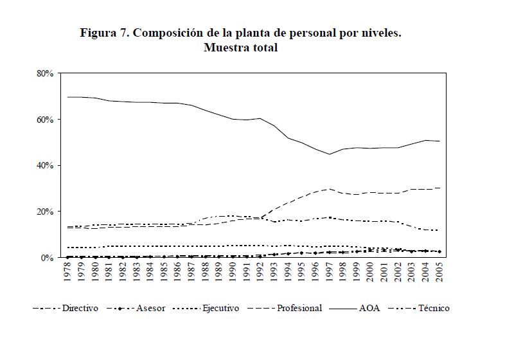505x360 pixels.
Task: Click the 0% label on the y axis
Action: pos(48,258)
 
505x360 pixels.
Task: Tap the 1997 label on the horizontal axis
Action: pos(330,272)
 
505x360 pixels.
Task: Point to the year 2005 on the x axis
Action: pos(439,272)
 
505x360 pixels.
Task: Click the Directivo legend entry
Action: pos(80,309)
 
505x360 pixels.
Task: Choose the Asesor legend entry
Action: pos(150,309)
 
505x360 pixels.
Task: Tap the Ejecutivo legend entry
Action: pos(221,309)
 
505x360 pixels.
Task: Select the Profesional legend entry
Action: pos(299,309)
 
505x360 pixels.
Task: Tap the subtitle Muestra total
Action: pos(240,48)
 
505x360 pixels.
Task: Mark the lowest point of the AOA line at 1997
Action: pos(330,154)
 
